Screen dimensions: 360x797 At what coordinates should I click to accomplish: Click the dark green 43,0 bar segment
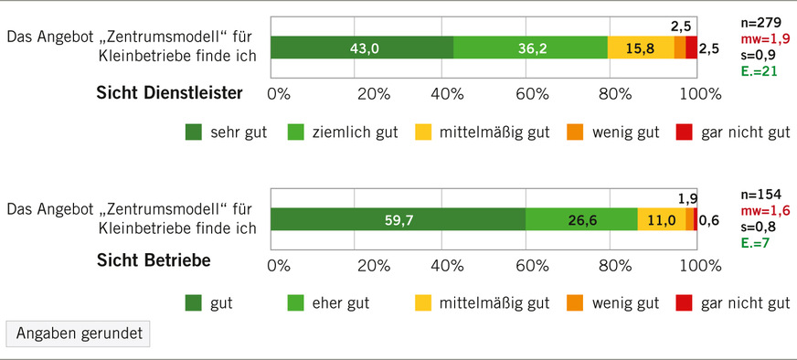(x=361, y=48)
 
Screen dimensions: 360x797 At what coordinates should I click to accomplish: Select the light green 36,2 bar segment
(x=530, y=48)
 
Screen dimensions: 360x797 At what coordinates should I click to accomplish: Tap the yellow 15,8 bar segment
(x=641, y=48)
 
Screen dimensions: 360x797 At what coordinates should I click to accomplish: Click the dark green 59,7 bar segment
(x=398, y=219)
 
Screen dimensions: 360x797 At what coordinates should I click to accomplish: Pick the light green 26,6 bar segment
(x=581, y=219)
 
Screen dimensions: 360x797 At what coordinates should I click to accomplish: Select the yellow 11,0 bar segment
(x=661, y=219)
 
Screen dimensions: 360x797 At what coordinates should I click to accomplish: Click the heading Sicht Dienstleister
(x=169, y=92)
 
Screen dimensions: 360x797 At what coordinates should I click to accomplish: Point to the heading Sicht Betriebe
(x=154, y=260)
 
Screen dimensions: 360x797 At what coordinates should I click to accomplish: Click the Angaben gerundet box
(x=78, y=334)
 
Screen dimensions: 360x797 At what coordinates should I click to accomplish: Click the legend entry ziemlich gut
(x=342, y=132)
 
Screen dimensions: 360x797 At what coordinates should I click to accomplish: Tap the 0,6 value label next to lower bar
(x=708, y=220)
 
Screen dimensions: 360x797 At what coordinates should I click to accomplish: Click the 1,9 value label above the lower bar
(x=688, y=198)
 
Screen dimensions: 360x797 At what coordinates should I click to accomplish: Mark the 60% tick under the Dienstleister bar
(x=532, y=92)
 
